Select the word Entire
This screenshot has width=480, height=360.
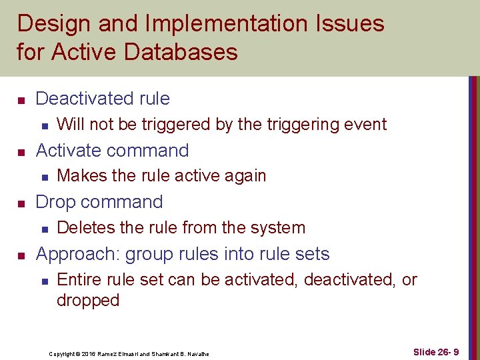tap(78, 280)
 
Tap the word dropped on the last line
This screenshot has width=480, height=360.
tap(88, 301)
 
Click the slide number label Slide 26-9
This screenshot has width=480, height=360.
tap(435, 352)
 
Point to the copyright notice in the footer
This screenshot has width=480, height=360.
tap(129, 353)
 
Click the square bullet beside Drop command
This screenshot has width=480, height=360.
tap(21, 203)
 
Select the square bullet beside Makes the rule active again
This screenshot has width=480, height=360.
tap(43, 177)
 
